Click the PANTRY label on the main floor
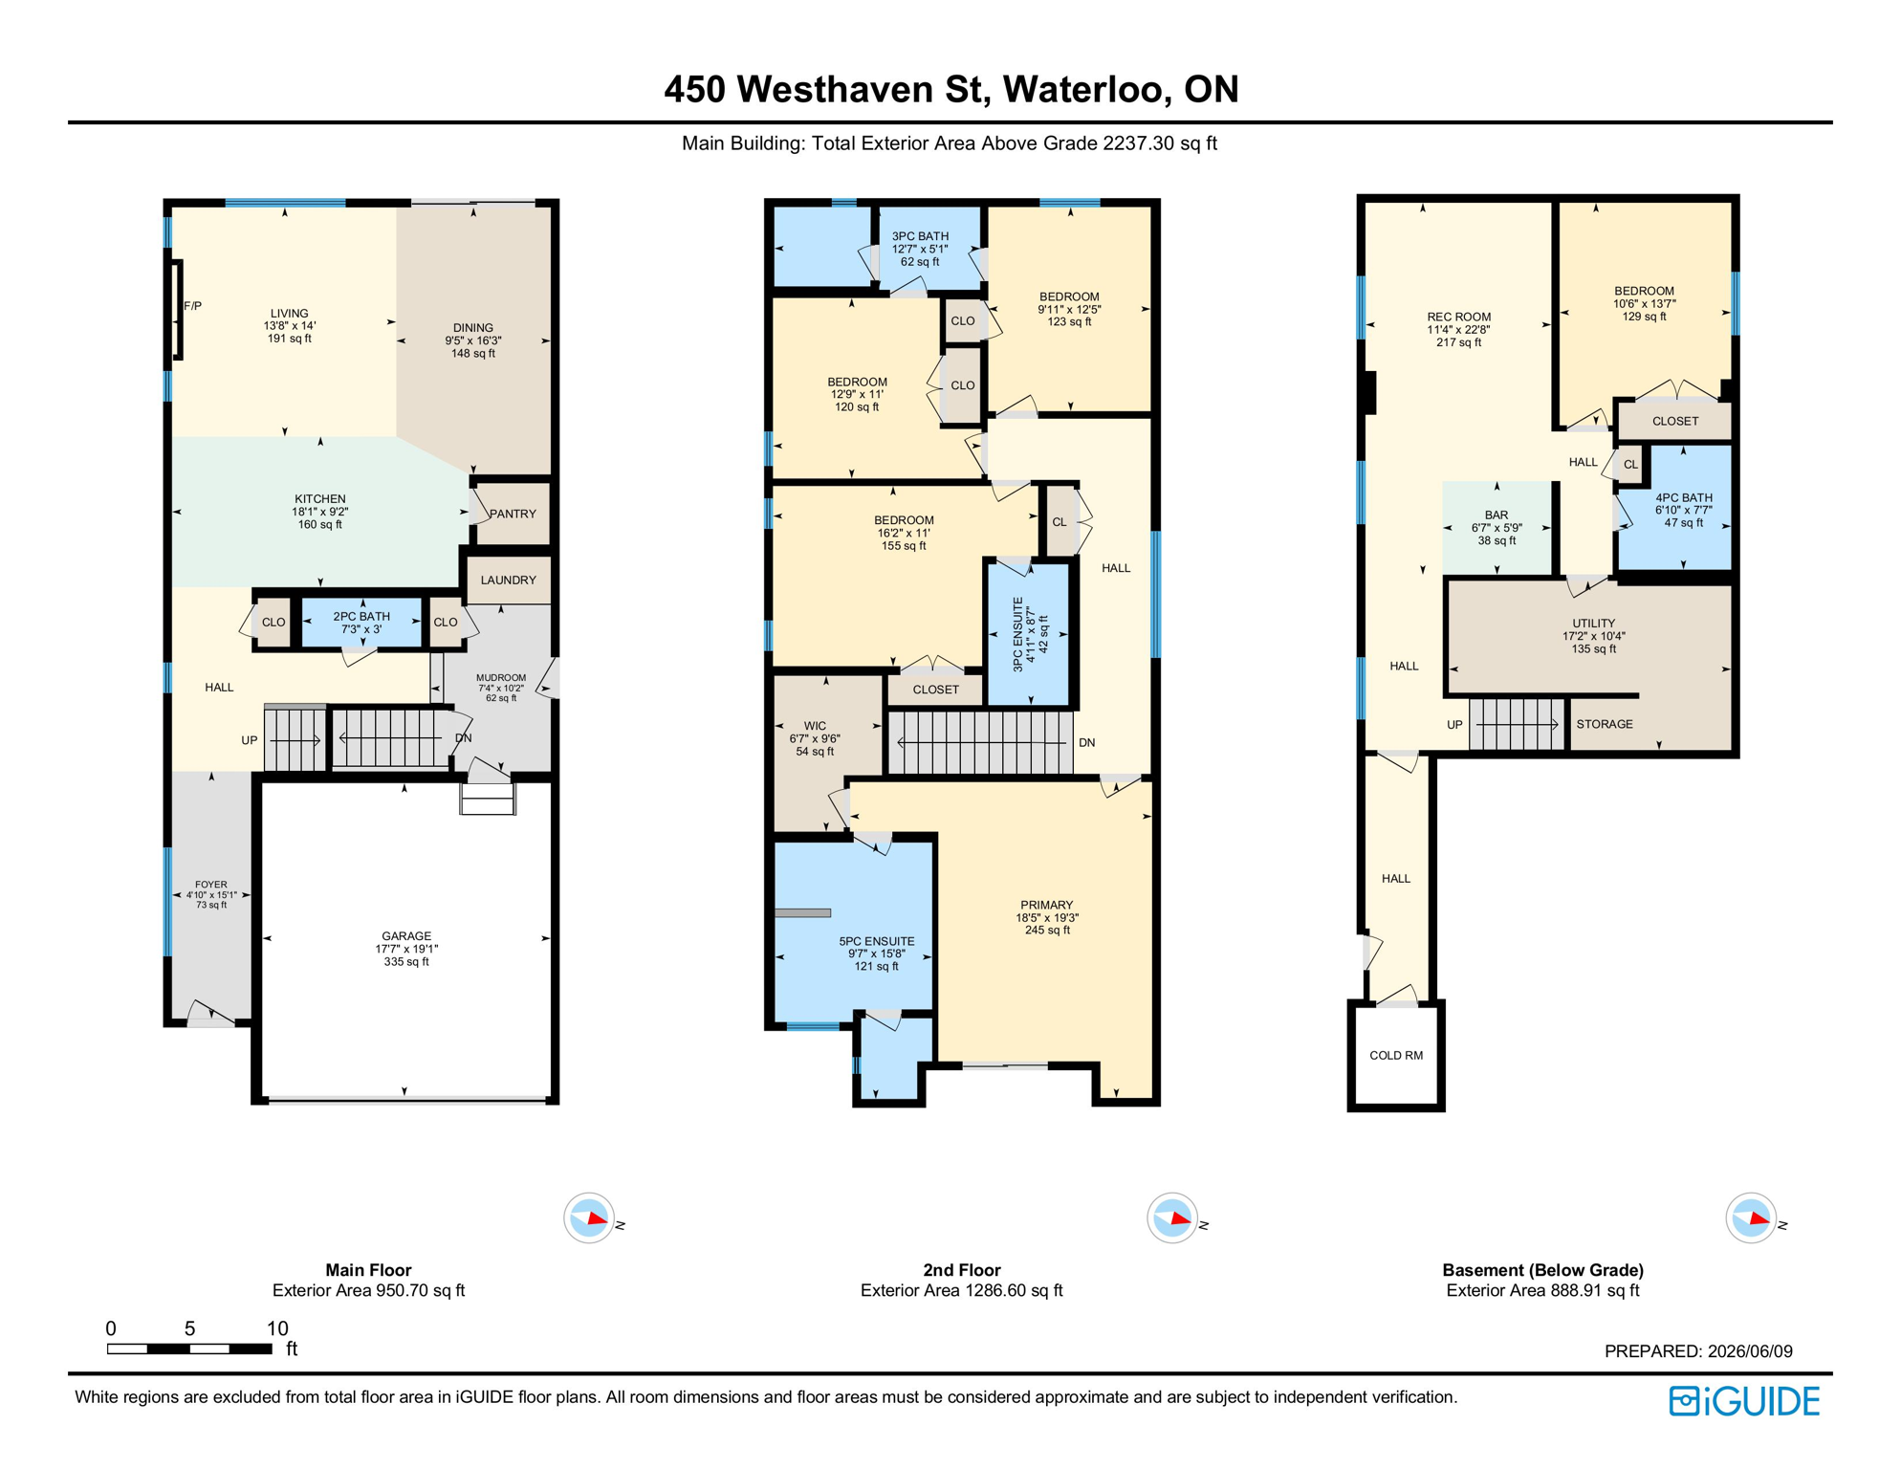click(513, 514)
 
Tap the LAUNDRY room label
click(508, 580)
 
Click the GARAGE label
click(406, 936)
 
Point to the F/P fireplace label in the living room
click(192, 306)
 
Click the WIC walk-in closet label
click(815, 726)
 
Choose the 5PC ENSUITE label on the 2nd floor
click(876, 941)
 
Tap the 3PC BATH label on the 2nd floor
click(920, 236)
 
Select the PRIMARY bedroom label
click(1046, 905)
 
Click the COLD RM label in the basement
click(1396, 1056)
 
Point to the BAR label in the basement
click(1497, 515)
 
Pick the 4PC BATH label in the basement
click(1684, 497)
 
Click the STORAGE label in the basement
click(1605, 724)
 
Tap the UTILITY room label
click(1593, 623)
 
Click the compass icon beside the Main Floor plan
click(589, 1218)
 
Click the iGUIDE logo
click(1745, 1401)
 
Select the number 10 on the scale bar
click(277, 1327)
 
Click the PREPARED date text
click(1698, 1351)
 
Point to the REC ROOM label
click(1458, 317)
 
